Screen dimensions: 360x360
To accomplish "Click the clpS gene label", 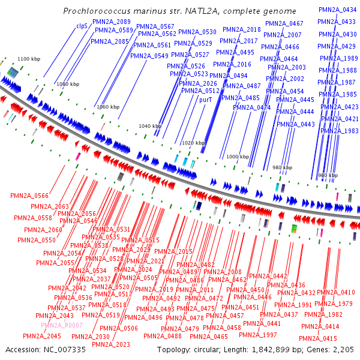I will click(x=82, y=26).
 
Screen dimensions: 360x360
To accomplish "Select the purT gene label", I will click(x=206, y=100).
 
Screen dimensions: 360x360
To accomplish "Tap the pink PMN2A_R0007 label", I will click(x=62, y=325).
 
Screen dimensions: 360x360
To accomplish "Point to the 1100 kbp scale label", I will click(x=29, y=59).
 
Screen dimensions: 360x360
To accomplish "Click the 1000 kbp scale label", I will click(x=237, y=157).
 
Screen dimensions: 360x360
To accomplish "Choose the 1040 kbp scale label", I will click(x=150, y=126).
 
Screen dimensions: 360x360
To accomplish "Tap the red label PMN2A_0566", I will click(x=29, y=196).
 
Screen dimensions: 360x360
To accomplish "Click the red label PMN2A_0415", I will click(x=318, y=339).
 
